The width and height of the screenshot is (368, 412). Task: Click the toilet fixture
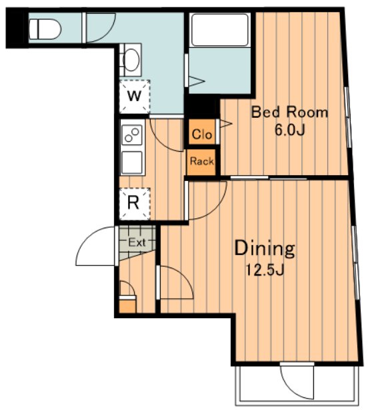(45, 29)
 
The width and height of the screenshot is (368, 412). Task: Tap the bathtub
(220, 30)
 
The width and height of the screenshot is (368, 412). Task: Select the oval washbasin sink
(131, 60)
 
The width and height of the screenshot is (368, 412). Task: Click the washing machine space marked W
(135, 96)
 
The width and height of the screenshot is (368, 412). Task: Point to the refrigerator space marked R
(135, 204)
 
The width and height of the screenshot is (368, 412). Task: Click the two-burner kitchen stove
(132, 135)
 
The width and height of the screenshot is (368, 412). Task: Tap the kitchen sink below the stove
(132, 162)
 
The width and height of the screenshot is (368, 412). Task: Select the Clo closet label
(202, 134)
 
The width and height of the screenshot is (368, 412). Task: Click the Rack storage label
(202, 161)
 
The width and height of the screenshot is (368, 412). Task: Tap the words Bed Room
(289, 112)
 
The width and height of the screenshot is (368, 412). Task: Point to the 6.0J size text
(289, 130)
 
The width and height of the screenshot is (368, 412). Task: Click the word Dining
(265, 248)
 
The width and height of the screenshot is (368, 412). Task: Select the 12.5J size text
(265, 270)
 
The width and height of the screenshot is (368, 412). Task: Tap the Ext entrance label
(137, 242)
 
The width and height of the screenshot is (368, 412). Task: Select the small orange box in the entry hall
(128, 306)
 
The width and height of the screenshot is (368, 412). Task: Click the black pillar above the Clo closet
(202, 107)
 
